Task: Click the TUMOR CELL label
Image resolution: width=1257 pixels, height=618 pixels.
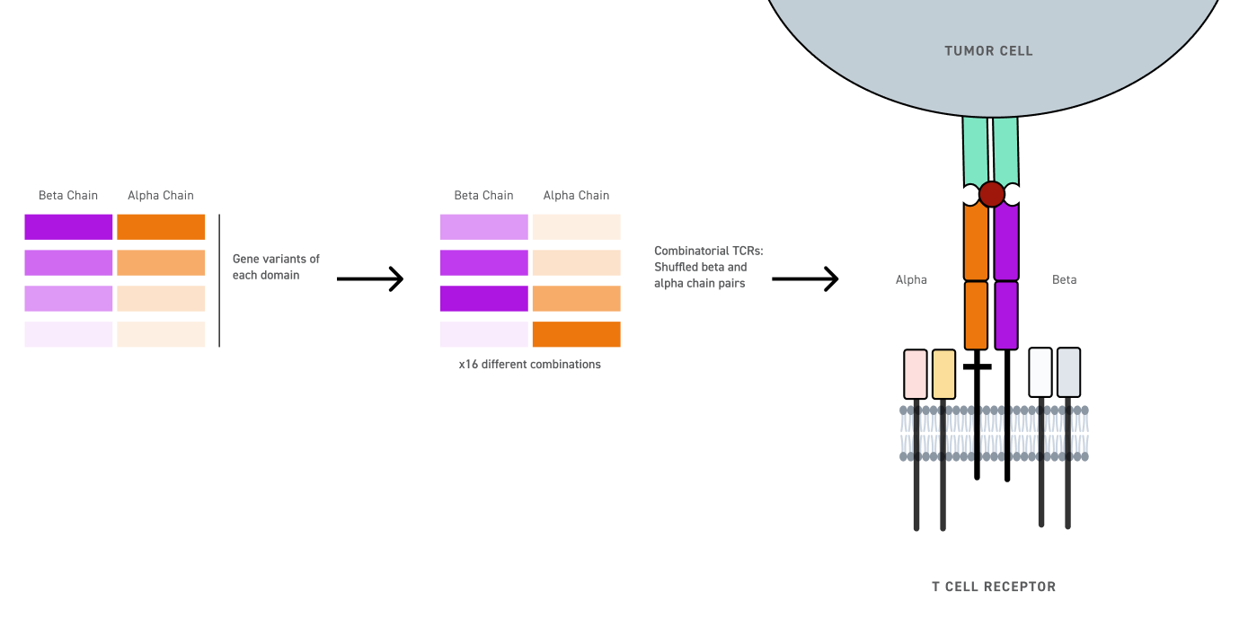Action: coord(988,51)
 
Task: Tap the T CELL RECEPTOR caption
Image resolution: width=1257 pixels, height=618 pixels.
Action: coord(993,587)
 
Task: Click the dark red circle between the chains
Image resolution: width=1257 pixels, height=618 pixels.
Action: coord(991,194)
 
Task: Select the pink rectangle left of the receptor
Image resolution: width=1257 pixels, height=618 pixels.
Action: coord(916,374)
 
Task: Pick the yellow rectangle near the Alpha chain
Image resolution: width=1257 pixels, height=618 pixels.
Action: coord(943,374)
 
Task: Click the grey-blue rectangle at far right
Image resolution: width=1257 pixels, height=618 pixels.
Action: coord(1068,373)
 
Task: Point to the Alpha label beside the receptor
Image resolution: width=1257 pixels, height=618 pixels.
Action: coord(910,279)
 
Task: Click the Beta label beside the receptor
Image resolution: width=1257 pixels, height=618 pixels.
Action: coord(1064,279)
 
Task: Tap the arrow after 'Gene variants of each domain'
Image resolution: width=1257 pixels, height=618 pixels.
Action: coord(369,279)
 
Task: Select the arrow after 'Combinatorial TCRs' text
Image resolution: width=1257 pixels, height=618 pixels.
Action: coord(804,279)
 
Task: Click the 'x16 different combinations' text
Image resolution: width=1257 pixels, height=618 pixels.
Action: coord(529,365)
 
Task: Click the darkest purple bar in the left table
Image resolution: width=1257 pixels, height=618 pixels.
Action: coord(68,226)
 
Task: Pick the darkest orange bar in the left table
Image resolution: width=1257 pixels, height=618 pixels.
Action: coord(161,226)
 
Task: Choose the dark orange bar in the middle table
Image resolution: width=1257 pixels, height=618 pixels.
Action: coord(576,334)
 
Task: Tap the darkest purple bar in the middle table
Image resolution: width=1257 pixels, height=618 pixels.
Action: coord(483,298)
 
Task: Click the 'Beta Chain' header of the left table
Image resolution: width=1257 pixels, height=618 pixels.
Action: coord(68,195)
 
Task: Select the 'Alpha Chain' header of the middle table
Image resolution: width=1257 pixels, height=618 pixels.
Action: coord(576,195)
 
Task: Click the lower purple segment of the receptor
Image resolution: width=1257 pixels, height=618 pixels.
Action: coord(1006,315)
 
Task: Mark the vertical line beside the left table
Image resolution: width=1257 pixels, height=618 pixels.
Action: coord(219,279)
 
